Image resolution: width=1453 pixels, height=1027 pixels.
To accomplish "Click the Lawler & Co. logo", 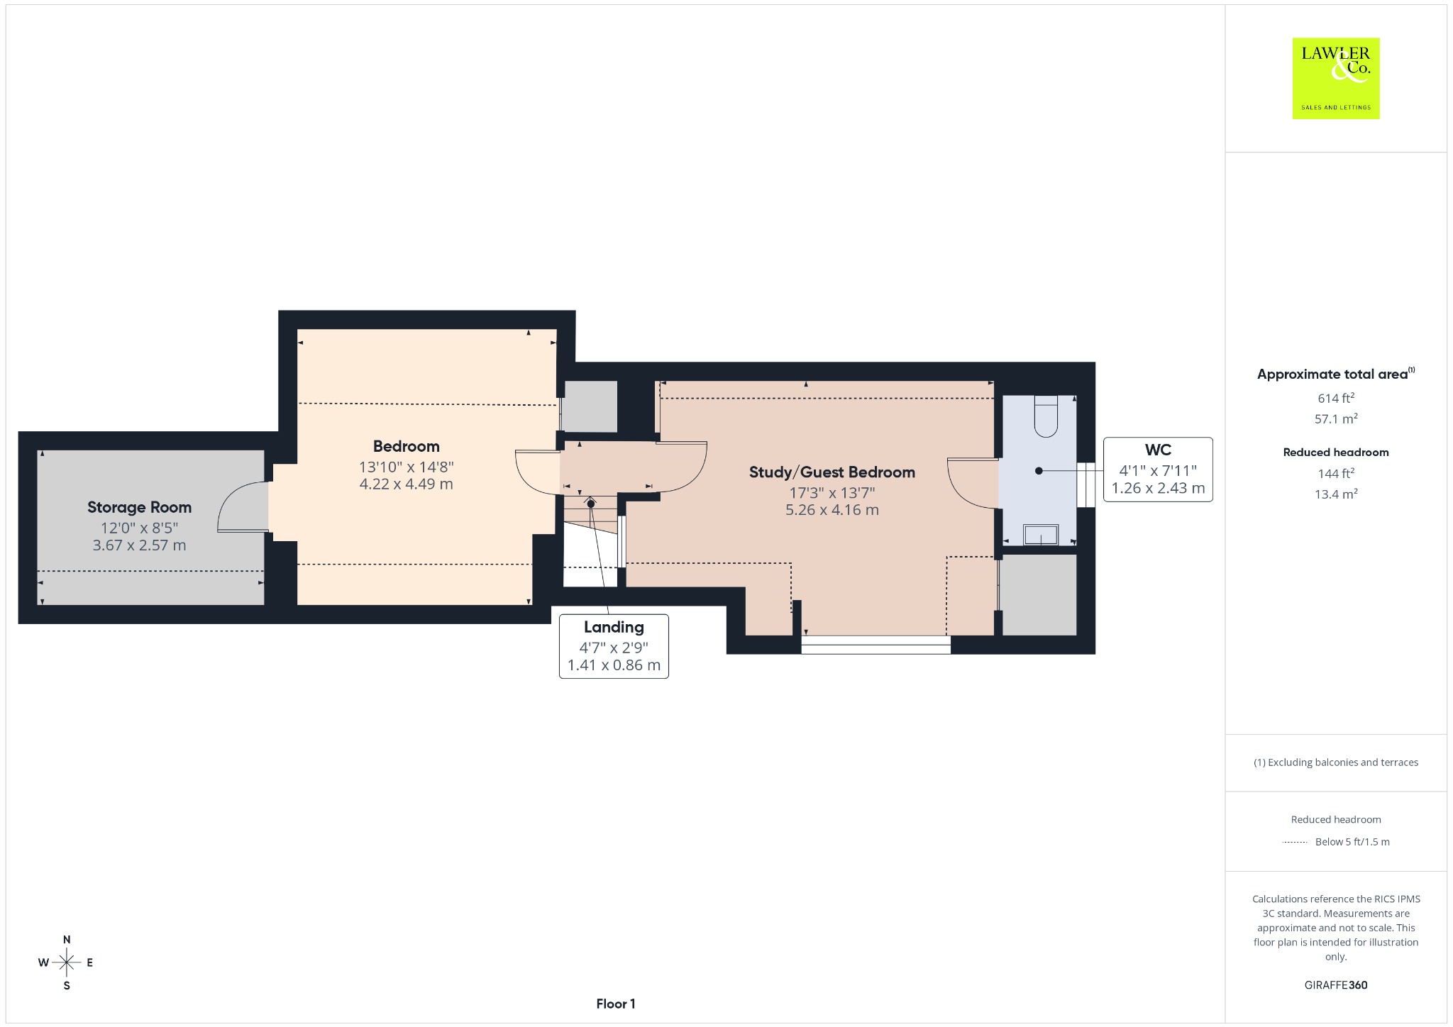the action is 1336,78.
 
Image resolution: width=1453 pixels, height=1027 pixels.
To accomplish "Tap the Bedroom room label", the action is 407,446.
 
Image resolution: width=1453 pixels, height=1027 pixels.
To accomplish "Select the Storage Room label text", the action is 139,507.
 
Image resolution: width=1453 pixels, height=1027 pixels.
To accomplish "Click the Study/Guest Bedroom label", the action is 832,472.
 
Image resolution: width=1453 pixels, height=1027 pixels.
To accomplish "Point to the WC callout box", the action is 1158,470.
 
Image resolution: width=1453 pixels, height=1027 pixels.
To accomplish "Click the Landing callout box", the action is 614,646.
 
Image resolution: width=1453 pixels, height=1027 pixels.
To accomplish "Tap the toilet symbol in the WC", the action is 1046,416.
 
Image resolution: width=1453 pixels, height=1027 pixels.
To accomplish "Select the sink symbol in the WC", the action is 1041,535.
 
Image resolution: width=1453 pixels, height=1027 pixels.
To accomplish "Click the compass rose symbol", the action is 67,962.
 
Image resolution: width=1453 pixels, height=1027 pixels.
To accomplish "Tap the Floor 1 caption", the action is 616,1004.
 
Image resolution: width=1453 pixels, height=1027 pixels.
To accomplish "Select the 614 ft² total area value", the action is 1336,398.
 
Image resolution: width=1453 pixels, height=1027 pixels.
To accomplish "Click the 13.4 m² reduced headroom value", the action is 1336,494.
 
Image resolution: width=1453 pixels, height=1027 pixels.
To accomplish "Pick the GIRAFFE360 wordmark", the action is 1336,984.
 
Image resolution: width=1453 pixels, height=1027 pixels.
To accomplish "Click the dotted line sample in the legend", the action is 1295,842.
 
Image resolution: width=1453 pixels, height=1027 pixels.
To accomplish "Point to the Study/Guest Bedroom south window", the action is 875,644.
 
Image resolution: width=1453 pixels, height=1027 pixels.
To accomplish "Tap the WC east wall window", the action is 1086,485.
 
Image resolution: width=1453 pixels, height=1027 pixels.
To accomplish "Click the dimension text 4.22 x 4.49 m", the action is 407,484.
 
